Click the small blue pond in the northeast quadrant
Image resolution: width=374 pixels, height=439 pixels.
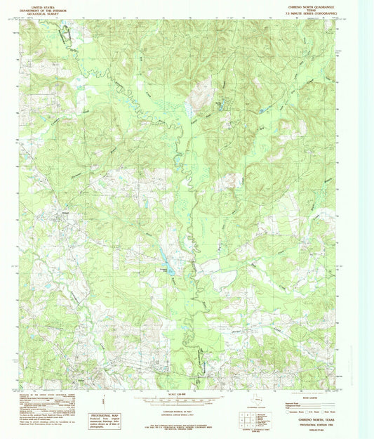[x=263, y=110]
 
